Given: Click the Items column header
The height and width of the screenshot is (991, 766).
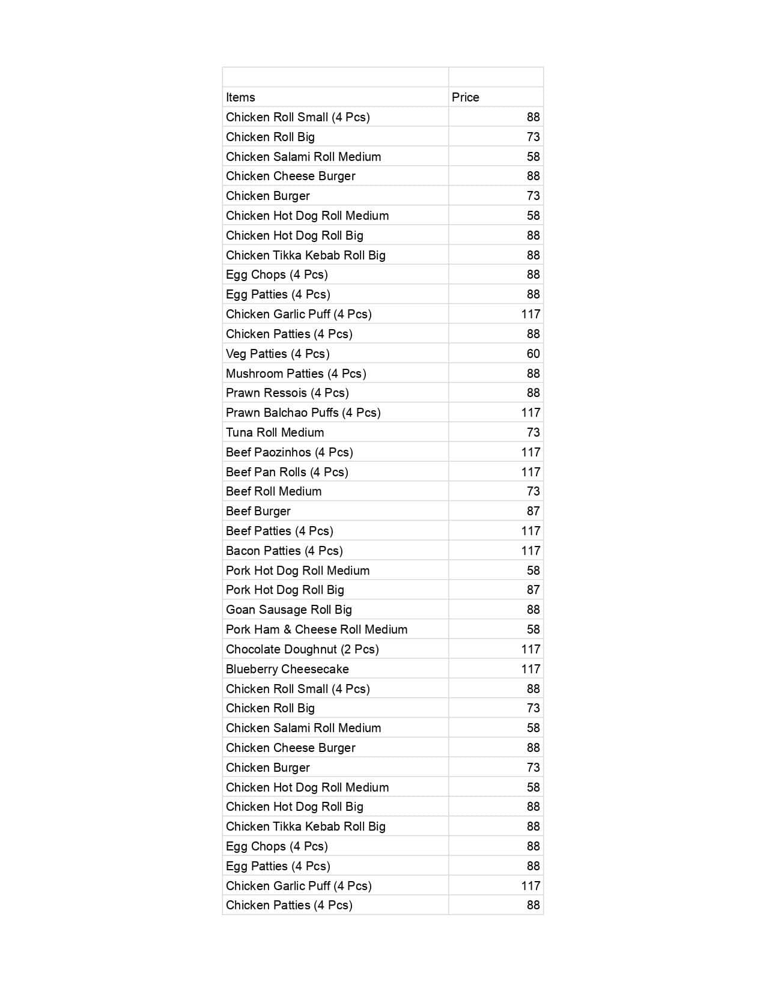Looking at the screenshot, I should coord(240,97).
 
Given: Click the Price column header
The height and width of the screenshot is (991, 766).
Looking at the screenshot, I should coord(466,97).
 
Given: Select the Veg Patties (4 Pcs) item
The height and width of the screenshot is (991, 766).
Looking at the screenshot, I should coord(278,354).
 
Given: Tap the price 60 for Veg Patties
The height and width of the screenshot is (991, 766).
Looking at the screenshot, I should coord(533,354).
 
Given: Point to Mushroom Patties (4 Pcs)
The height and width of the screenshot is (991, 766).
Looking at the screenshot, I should coord(296,374).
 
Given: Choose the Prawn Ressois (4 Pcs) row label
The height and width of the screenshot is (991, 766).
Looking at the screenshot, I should coord(287,393).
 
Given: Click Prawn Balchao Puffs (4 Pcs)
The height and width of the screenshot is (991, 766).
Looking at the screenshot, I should coord(303,413).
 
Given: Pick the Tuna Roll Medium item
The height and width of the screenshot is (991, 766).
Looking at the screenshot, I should coord(275,432).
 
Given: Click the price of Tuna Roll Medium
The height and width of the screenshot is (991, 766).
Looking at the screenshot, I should coord(533,432).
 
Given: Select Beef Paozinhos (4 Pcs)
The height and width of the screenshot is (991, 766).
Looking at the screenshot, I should coord(289,452).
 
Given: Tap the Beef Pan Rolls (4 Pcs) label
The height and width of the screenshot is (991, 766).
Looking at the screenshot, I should coord(287,472).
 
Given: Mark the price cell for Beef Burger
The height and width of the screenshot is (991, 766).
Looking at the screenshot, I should coord(533,511).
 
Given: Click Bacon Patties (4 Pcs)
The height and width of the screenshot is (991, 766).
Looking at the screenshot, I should coord(284,551).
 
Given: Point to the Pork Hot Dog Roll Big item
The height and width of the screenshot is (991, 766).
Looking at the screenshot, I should coord(285,590).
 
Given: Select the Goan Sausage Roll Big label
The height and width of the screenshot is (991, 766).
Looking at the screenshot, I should coord(288,610).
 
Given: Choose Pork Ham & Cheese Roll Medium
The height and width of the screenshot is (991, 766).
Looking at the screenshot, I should coord(316,629).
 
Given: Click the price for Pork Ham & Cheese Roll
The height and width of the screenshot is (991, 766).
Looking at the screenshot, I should coord(533,629).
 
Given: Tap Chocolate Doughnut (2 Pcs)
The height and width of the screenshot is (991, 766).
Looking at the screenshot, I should coord(302,649).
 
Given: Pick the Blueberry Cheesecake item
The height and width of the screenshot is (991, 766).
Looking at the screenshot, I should coord(287,669).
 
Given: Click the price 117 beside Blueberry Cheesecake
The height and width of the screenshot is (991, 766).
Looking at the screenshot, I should coord(530,669).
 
